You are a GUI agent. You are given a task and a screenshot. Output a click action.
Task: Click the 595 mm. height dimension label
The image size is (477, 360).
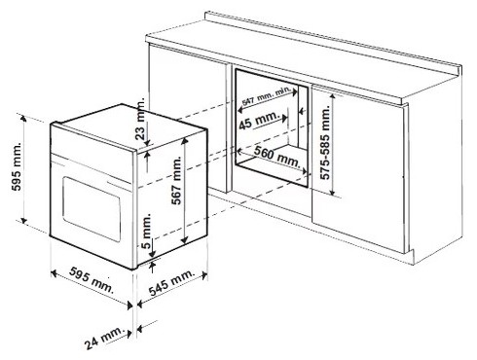click(x=17, y=166)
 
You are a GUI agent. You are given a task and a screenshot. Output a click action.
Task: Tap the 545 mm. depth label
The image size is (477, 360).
click(x=172, y=281)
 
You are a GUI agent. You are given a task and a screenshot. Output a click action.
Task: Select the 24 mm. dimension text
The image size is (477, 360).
click(x=105, y=337)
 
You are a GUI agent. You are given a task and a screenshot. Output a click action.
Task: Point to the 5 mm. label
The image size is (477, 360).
click(x=147, y=231)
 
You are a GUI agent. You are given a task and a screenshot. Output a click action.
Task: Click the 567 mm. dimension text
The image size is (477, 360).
click(x=176, y=180)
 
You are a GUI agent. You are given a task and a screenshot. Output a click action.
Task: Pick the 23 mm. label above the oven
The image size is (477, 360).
click(x=140, y=121)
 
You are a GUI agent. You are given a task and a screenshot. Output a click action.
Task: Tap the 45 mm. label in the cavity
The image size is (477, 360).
click(x=259, y=121)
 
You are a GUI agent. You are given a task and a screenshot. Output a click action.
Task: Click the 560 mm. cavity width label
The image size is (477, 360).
click(x=277, y=156)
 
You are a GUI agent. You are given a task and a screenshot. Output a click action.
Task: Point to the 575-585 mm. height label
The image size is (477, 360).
click(x=325, y=143)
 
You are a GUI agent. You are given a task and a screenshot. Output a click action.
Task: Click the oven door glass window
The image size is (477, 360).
click(x=92, y=208)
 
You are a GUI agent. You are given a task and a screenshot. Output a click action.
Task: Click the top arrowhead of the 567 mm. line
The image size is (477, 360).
click(x=185, y=140)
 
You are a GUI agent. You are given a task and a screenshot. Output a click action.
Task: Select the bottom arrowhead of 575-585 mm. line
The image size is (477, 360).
click(x=332, y=192)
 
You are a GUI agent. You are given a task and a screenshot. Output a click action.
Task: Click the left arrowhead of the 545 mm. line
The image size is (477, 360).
click(x=140, y=305)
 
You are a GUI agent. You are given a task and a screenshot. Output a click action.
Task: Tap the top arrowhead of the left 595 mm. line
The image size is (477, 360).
click(x=23, y=118)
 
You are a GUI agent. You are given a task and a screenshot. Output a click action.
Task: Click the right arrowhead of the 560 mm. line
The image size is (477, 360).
click(x=305, y=170)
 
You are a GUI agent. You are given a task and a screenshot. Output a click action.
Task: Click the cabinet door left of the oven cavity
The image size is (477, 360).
click(x=188, y=119)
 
